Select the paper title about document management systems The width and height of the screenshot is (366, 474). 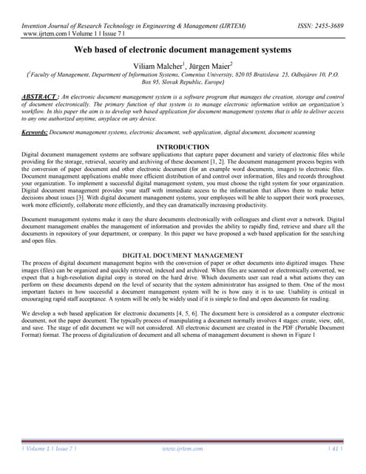tap(183, 50)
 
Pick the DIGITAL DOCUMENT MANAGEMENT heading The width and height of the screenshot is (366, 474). tap(183, 254)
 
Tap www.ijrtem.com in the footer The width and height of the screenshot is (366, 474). tap(183, 450)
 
